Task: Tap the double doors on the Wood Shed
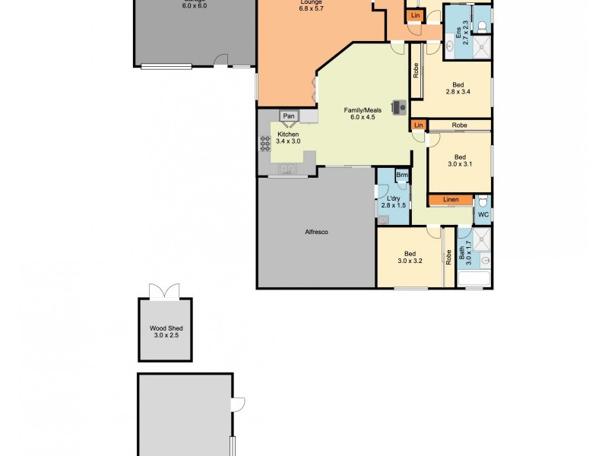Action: [x=165, y=291]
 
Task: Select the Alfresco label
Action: [x=316, y=232]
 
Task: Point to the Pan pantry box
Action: [x=289, y=116]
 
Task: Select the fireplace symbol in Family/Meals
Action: [x=397, y=107]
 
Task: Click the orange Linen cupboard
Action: [x=451, y=200]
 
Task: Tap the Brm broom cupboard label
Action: [x=402, y=175]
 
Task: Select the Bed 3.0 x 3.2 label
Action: [x=410, y=257]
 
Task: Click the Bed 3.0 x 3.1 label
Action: [x=460, y=160]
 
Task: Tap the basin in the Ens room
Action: [x=449, y=46]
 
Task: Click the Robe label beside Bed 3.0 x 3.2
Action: [x=448, y=256]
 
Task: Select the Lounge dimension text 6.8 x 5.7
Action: [x=289, y=7]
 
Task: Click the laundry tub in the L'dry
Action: [x=382, y=220]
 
